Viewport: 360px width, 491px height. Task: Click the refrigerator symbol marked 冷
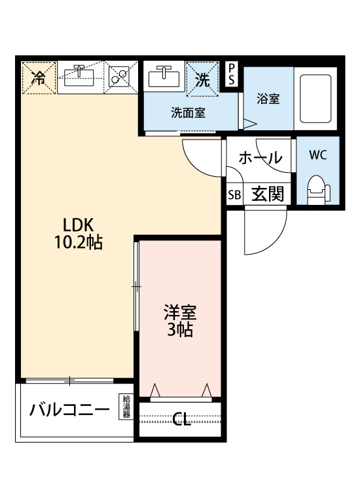tap(39, 79)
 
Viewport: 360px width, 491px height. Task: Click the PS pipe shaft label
tap(232, 74)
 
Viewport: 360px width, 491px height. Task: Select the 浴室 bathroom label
tap(268, 100)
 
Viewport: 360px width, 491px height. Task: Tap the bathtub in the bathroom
tap(315, 99)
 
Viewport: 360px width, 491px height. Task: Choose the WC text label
tap(318, 155)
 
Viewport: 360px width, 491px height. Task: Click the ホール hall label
tap(260, 158)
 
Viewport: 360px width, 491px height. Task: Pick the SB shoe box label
tap(234, 195)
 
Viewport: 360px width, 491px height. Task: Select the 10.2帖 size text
tap(78, 242)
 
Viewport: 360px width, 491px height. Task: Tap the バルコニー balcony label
tap(68, 411)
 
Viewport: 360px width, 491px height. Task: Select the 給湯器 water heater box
tap(126, 407)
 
